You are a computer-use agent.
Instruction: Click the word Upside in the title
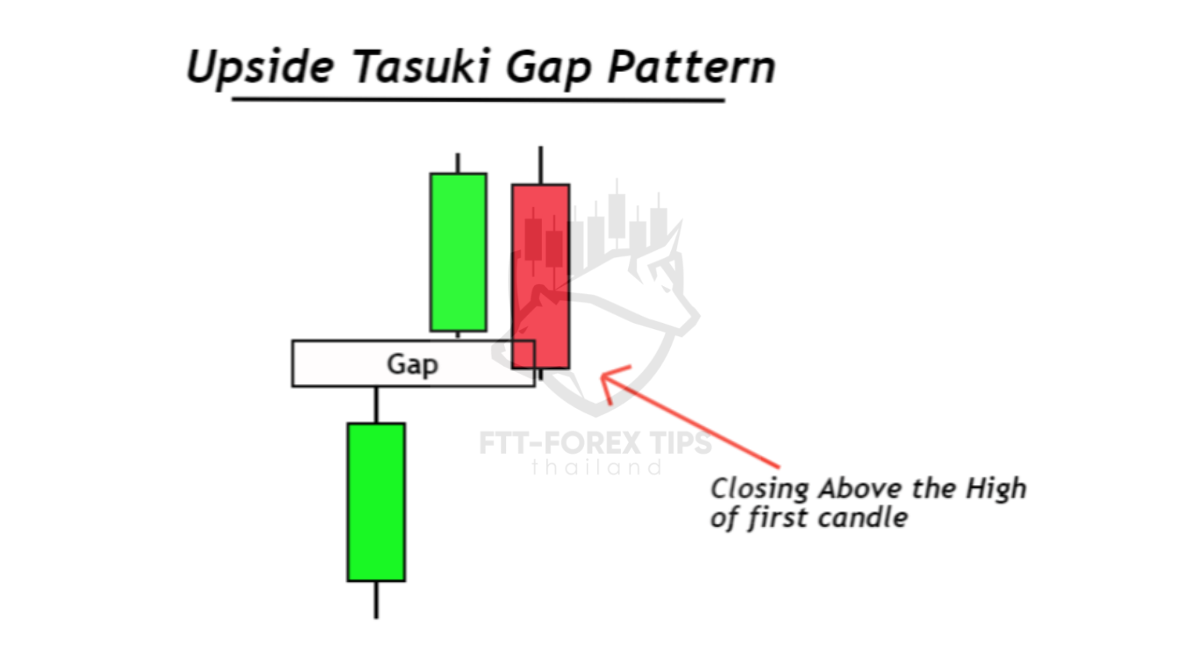click(x=261, y=67)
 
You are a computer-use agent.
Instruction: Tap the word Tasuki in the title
click(x=420, y=66)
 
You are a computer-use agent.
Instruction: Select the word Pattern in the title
click(x=692, y=66)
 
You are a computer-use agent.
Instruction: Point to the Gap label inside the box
click(x=412, y=365)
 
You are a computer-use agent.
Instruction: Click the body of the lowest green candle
click(x=376, y=503)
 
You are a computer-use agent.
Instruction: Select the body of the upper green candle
click(x=458, y=252)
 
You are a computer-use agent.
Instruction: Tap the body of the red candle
click(x=541, y=277)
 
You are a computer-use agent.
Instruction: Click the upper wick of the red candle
click(x=541, y=166)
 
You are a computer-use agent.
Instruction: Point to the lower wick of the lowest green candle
click(x=376, y=600)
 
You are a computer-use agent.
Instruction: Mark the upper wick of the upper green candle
click(x=458, y=163)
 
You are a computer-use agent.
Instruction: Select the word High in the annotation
click(x=996, y=488)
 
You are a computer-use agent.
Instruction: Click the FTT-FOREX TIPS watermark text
click(x=595, y=443)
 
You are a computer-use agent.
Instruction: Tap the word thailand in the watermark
click(x=596, y=468)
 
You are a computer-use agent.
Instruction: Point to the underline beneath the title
click(x=479, y=99)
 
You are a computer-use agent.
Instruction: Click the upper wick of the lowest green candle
click(x=376, y=405)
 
